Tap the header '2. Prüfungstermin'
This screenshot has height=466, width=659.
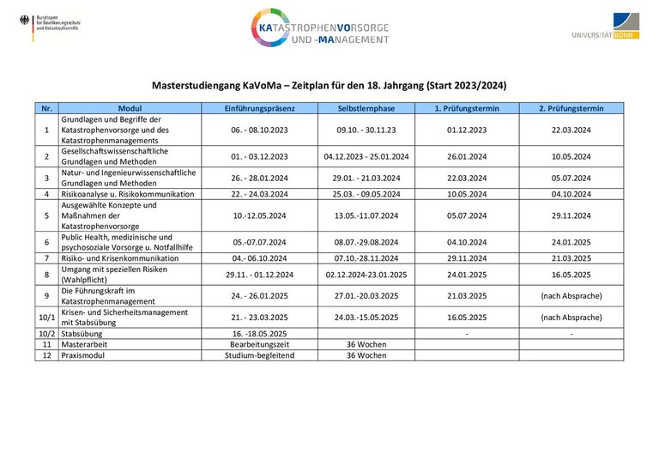[x=571, y=109]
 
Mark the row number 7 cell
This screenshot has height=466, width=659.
[x=46, y=257]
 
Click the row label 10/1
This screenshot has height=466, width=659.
[x=46, y=317]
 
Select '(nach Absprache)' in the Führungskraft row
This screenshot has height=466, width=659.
[x=571, y=296]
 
